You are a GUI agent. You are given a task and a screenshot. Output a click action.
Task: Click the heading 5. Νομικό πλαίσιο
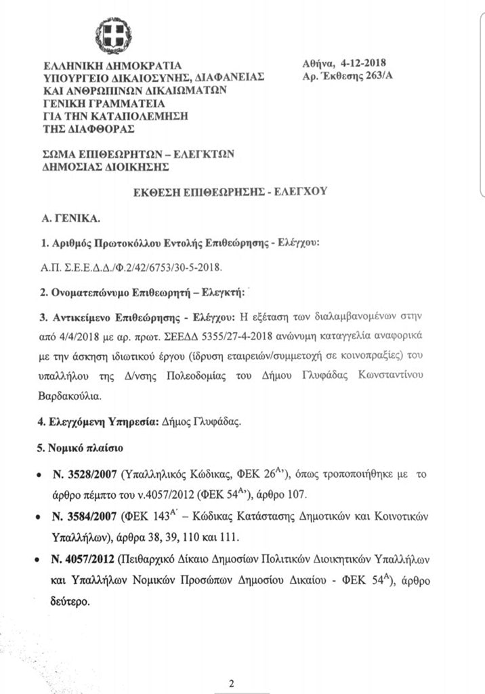(80, 448)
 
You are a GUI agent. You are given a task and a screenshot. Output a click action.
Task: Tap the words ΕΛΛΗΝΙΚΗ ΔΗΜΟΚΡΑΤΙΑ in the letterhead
(112, 66)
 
